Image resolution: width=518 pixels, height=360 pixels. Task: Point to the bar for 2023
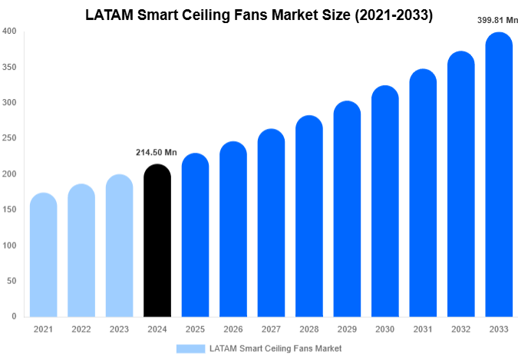[x=119, y=246]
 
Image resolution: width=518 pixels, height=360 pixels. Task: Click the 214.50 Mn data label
[x=157, y=153]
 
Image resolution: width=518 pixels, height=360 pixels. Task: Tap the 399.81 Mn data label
[x=497, y=21]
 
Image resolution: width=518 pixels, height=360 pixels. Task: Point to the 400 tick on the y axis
[x=9, y=31]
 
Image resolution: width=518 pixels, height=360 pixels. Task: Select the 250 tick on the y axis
[x=9, y=138]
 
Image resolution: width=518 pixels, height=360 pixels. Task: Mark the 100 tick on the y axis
[x=9, y=246]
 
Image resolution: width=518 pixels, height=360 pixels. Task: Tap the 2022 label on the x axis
[x=81, y=329]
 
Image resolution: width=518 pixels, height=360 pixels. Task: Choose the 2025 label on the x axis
[x=195, y=329]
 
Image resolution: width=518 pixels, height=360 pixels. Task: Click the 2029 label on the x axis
[x=347, y=329]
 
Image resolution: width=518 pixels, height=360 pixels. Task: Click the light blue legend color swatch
[x=190, y=348]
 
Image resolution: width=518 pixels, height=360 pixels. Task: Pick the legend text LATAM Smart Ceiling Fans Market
[x=275, y=348]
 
